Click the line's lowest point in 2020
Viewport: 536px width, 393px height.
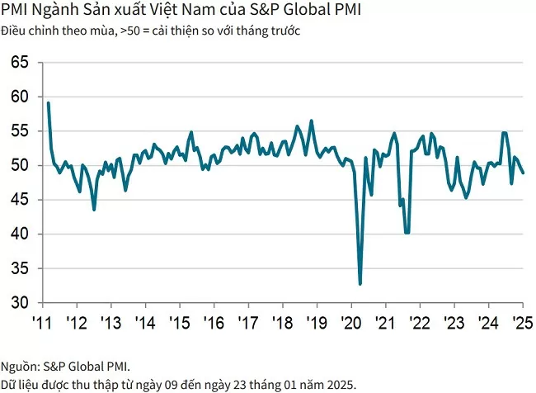(360, 284)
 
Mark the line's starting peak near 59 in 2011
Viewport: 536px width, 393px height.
(49, 103)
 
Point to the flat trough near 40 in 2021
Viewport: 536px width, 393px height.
(407, 233)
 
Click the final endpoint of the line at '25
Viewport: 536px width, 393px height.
(524, 173)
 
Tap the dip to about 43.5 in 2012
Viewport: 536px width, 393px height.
(94, 210)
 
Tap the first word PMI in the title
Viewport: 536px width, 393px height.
(14, 12)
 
